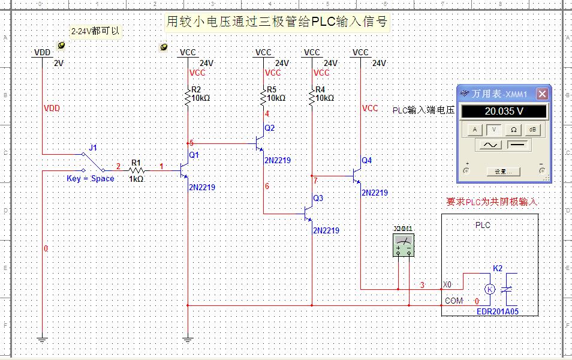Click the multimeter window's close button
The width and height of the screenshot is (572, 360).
[542, 94]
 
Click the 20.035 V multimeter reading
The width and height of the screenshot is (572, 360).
[503, 112]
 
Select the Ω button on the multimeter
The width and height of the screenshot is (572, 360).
[514, 129]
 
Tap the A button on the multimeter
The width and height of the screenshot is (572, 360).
[475, 129]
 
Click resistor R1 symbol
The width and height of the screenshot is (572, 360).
[136, 170]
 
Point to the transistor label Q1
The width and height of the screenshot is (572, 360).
[193, 154]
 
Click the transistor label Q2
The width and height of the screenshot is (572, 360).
[269, 128]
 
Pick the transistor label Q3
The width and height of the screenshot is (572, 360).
[318, 198]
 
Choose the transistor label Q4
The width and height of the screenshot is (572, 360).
[366, 160]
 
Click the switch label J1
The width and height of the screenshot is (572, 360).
[92, 147]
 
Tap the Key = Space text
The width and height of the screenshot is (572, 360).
[90, 179]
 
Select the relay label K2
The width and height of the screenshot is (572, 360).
[498, 268]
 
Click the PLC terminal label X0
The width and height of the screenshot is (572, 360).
[448, 284]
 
